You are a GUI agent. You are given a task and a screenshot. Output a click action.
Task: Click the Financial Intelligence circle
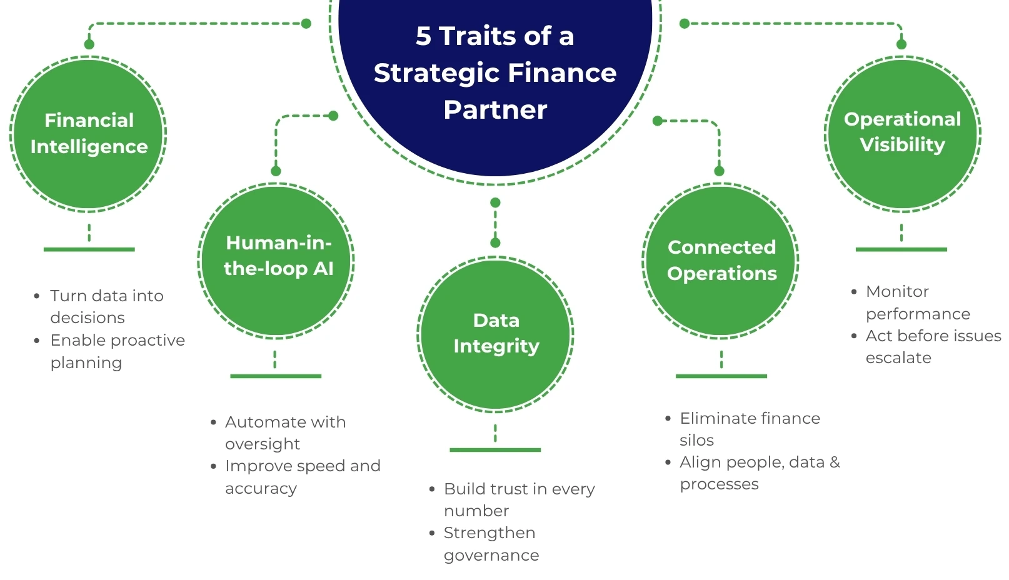(x=88, y=134)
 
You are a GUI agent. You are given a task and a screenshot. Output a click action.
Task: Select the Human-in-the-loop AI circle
(x=276, y=261)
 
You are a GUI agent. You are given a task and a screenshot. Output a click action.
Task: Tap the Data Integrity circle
(x=495, y=334)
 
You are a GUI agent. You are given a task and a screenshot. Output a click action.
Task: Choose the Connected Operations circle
(x=720, y=261)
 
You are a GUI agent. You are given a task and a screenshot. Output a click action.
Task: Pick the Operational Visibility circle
(x=902, y=134)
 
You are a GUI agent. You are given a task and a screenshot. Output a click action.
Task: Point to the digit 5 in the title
(x=423, y=36)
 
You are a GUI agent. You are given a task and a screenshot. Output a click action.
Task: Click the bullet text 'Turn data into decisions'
(x=107, y=307)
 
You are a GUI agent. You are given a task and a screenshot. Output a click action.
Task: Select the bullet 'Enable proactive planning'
(x=118, y=351)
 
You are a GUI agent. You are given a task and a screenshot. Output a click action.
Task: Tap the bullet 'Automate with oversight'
(x=286, y=432)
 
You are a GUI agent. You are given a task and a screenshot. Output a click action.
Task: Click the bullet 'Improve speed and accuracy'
(x=303, y=477)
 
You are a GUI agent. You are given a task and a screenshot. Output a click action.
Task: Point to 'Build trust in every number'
(x=520, y=499)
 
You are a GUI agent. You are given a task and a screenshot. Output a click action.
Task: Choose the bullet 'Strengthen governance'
(x=491, y=544)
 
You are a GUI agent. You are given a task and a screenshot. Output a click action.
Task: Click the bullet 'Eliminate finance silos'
(x=750, y=429)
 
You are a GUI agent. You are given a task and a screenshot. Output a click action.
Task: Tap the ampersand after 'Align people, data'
(x=835, y=462)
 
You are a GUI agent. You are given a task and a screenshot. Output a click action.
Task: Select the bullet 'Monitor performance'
(x=918, y=302)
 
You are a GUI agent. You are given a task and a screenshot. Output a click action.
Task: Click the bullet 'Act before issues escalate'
(x=933, y=346)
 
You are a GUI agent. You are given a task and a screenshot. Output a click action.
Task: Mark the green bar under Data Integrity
(x=495, y=449)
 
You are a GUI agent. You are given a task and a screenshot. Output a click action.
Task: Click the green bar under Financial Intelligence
(x=89, y=249)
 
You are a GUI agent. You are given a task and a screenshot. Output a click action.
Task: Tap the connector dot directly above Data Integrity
(x=495, y=242)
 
